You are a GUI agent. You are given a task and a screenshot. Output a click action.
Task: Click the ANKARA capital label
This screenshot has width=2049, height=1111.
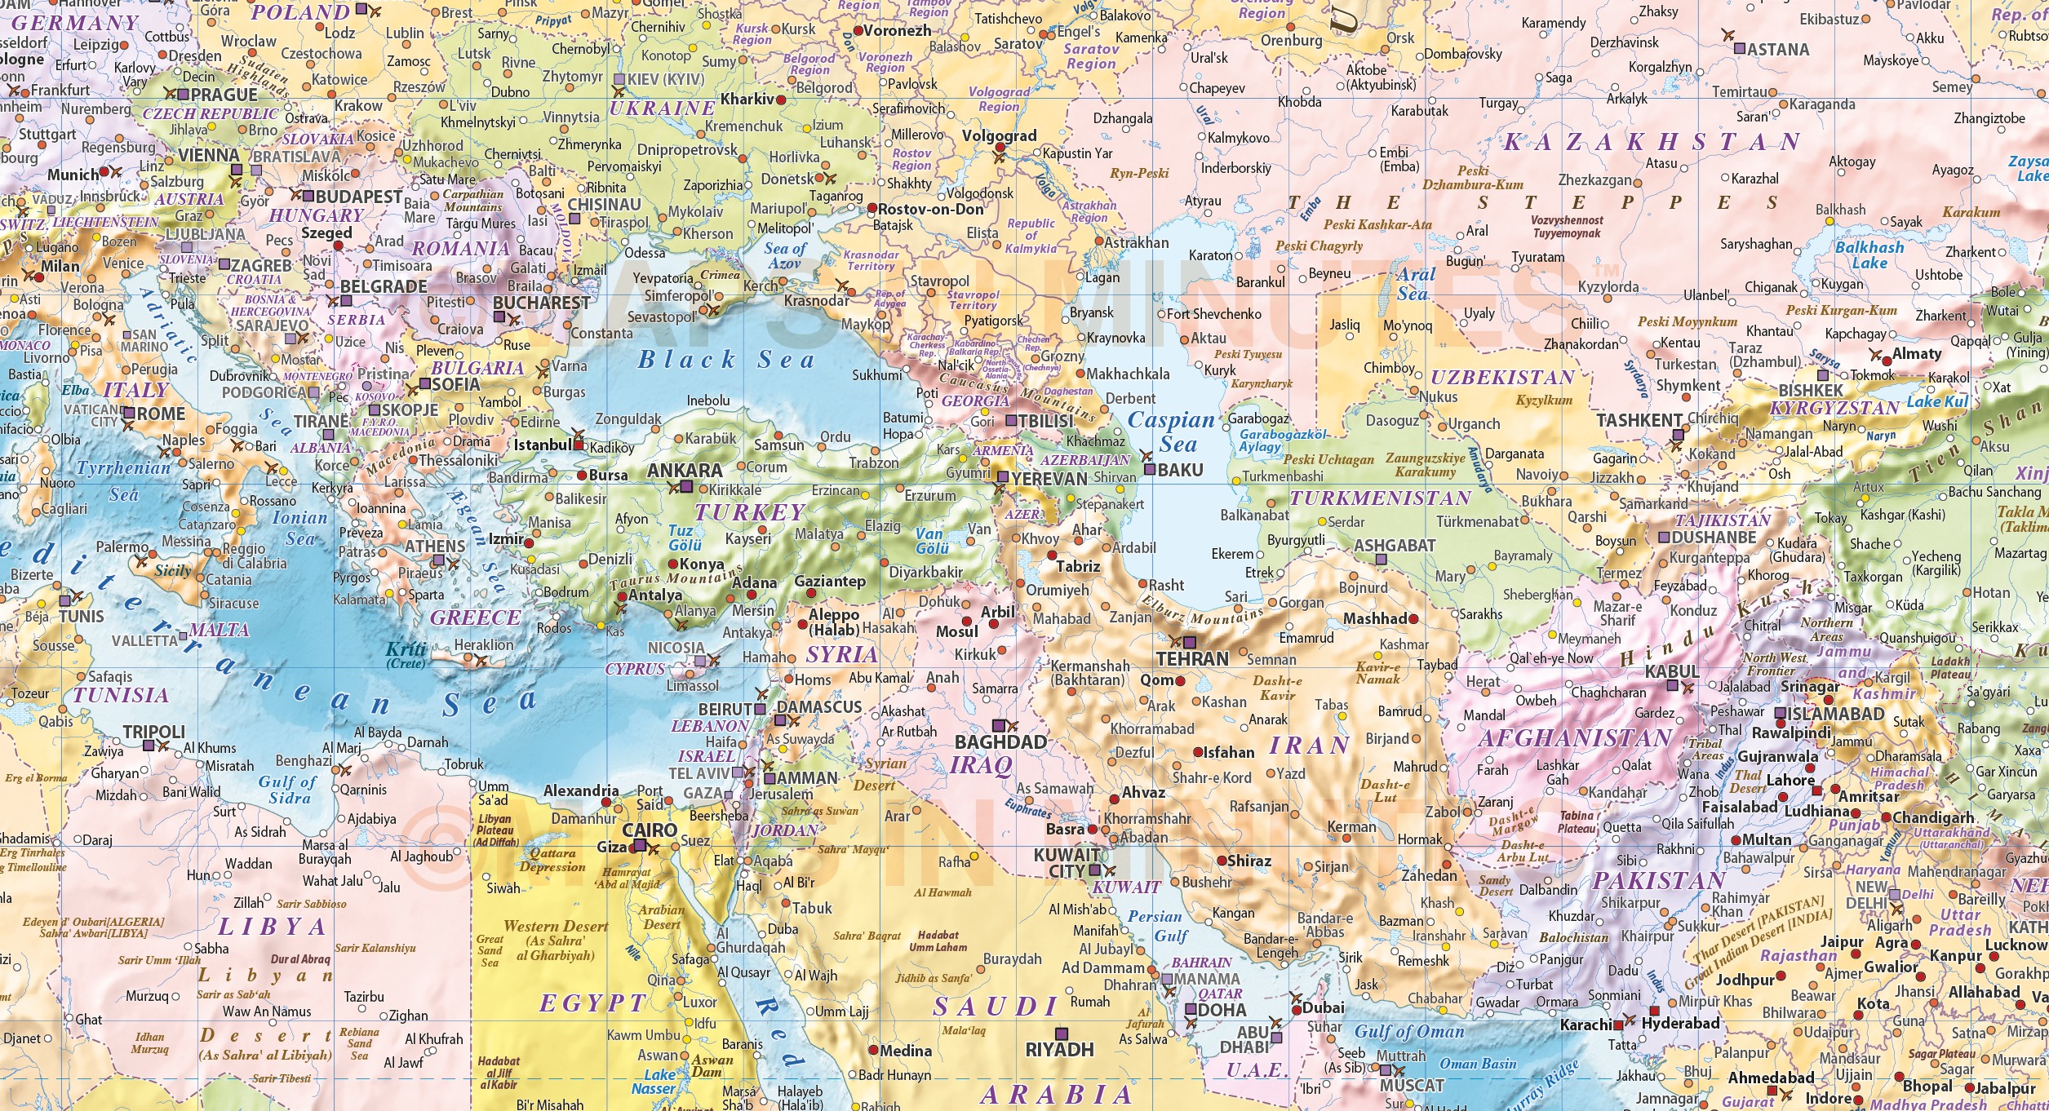pos(684,471)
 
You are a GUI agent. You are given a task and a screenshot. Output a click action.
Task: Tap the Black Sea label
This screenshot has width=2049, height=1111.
pos(725,360)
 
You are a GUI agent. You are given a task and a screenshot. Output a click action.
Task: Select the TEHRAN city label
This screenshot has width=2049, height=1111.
pos(1191,659)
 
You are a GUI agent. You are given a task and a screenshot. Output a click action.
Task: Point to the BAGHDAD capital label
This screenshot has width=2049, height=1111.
pos(1000,742)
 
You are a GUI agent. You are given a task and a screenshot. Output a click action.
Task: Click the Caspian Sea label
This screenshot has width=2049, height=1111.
pos(1173,432)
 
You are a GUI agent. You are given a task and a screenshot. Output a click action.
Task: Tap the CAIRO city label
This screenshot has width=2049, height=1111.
pos(650,830)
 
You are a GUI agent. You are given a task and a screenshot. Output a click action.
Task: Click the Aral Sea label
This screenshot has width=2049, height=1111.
pos(1414,284)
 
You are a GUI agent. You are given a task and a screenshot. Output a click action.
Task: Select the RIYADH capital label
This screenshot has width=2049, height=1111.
pos(1059,1050)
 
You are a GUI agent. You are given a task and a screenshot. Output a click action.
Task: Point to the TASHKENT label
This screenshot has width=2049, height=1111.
pos(1639,421)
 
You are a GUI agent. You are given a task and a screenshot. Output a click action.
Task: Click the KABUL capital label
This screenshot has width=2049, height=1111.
pos(1671,671)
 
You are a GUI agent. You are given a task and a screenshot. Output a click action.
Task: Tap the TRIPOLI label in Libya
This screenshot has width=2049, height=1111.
pos(153,732)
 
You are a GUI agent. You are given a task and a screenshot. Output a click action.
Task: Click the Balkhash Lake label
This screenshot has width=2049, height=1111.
pos(1869,255)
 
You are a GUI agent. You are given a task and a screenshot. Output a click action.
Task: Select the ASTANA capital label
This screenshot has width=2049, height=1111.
pos(1778,50)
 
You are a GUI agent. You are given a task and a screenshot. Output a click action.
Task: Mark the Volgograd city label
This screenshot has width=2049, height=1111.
pos(999,135)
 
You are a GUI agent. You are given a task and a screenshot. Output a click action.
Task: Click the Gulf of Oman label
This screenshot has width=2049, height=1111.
pos(1409,1032)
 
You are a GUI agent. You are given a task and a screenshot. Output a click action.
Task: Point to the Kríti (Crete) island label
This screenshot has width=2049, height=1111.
pos(406,654)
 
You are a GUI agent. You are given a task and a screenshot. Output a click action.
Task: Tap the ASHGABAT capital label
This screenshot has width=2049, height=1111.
pos(1394,545)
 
